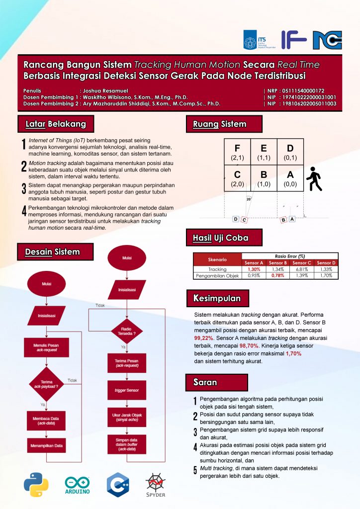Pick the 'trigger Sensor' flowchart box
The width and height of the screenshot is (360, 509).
[127, 390]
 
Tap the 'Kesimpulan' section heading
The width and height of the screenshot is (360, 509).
[217, 298]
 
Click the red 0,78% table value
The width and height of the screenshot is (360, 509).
[278, 275]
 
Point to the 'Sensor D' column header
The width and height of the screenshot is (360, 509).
[326, 262]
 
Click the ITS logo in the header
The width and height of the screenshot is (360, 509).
[258, 40]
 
